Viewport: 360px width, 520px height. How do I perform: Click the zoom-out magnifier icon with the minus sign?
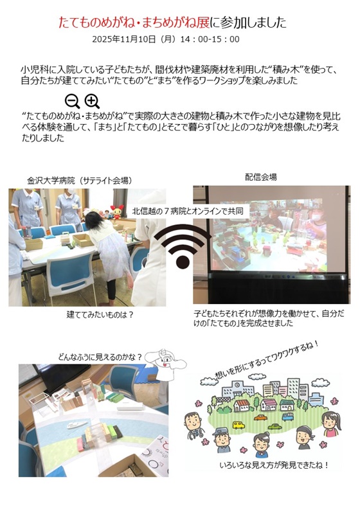[x=72, y=102]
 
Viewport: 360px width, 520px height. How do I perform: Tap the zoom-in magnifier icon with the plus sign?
[x=92, y=102]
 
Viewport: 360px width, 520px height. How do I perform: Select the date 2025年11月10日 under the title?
[x=124, y=39]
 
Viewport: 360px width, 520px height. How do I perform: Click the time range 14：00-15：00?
[x=210, y=39]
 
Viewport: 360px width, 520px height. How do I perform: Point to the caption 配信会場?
[x=261, y=177]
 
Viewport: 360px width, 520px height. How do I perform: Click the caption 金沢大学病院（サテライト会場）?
[x=79, y=181]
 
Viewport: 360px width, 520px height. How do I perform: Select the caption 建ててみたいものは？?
[x=100, y=314]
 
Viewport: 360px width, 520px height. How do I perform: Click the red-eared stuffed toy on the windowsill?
[x=117, y=212]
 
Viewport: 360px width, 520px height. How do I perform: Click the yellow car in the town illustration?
[x=239, y=425]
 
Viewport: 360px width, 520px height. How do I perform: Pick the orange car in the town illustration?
[x=261, y=418]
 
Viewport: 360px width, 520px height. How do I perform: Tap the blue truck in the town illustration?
[x=287, y=417]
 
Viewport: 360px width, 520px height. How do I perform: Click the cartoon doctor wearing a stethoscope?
[x=194, y=425]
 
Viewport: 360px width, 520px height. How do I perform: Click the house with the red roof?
[x=242, y=405]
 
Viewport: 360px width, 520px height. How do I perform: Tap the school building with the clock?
[x=237, y=389]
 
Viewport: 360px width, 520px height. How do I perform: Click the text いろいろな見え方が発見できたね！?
[x=274, y=465]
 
